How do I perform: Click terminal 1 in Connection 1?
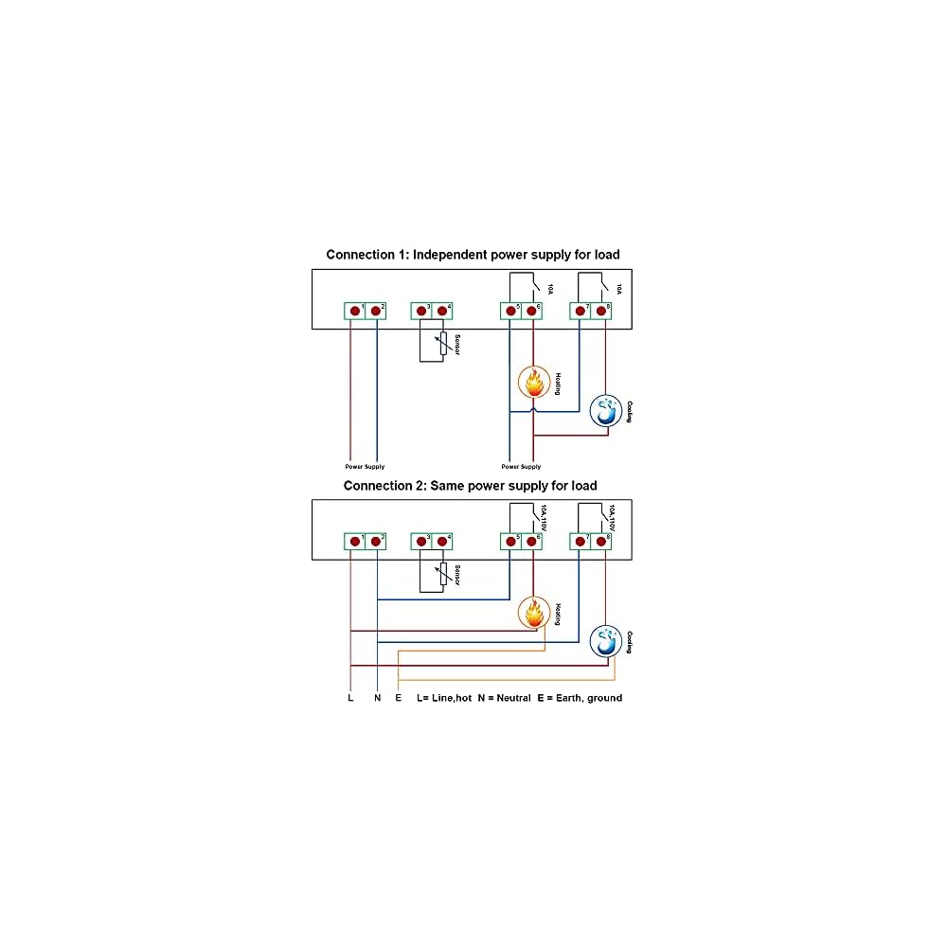click(355, 311)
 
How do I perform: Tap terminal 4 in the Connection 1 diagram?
click(441, 311)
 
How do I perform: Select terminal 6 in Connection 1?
click(532, 311)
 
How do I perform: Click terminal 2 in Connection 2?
click(376, 542)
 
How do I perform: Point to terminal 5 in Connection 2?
click(510, 542)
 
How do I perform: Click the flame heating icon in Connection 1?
click(533, 383)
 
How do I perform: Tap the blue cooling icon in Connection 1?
click(606, 411)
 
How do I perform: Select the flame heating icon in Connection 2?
click(533, 613)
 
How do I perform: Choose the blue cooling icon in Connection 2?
click(606, 641)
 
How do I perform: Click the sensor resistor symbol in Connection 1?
click(441, 345)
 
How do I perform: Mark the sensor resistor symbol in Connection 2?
click(441, 576)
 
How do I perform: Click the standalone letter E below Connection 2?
click(399, 698)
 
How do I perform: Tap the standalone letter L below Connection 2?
click(351, 698)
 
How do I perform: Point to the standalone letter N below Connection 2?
click(377, 698)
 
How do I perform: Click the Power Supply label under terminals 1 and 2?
click(365, 467)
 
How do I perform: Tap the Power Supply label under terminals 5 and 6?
click(521, 467)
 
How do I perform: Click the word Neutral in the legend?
click(510, 698)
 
